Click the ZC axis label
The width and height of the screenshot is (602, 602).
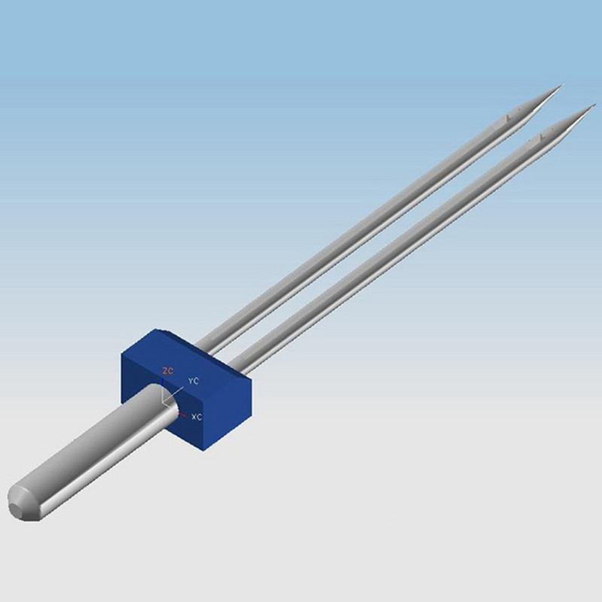point(168,371)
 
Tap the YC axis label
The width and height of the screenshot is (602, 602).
point(193,381)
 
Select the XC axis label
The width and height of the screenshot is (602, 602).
point(196,417)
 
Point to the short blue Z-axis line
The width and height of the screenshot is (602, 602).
point(163,384)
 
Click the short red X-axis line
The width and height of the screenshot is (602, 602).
point(183,415)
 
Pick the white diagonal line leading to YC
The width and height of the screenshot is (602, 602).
point(173,396)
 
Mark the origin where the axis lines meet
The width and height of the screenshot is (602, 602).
point(163,403)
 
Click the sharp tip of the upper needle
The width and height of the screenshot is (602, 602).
point(562,85)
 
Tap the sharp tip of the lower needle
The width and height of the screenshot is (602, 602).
point(595,105)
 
